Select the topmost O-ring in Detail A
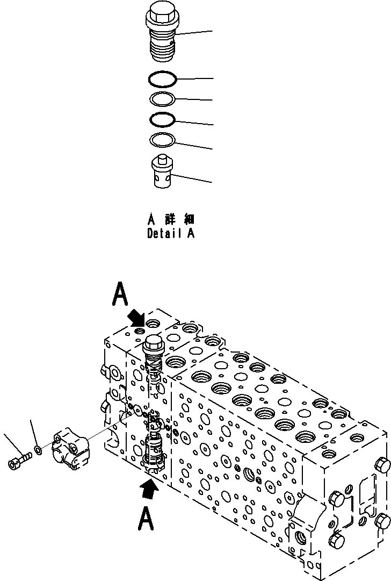163,79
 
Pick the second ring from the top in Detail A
163,99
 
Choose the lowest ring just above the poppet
163,140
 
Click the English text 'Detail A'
171,234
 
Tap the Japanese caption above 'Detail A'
171,220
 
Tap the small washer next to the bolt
37,448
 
